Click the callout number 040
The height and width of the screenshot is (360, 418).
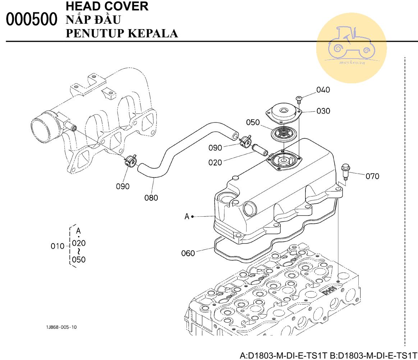pyautogui.click(x=323, y=90)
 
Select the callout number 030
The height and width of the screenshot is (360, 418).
pyautogui.click(x=323, y=111)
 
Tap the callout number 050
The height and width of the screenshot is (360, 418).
pyautogui.click(x=253, y=122)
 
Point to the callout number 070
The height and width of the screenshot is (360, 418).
pyautogui.click(x=372, y=176)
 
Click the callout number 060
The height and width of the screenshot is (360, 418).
pyautogui.click(x=188, y=253)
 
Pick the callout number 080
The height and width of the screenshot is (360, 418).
pyautogui.click(x=151, y=198)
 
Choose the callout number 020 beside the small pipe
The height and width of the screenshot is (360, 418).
pyautogui.click(x=215, y=162)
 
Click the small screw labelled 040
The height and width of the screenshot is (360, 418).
pyautogui.click(x=299, y=100)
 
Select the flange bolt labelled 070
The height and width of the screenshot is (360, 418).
pyautogui.click(x=345, y=172)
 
